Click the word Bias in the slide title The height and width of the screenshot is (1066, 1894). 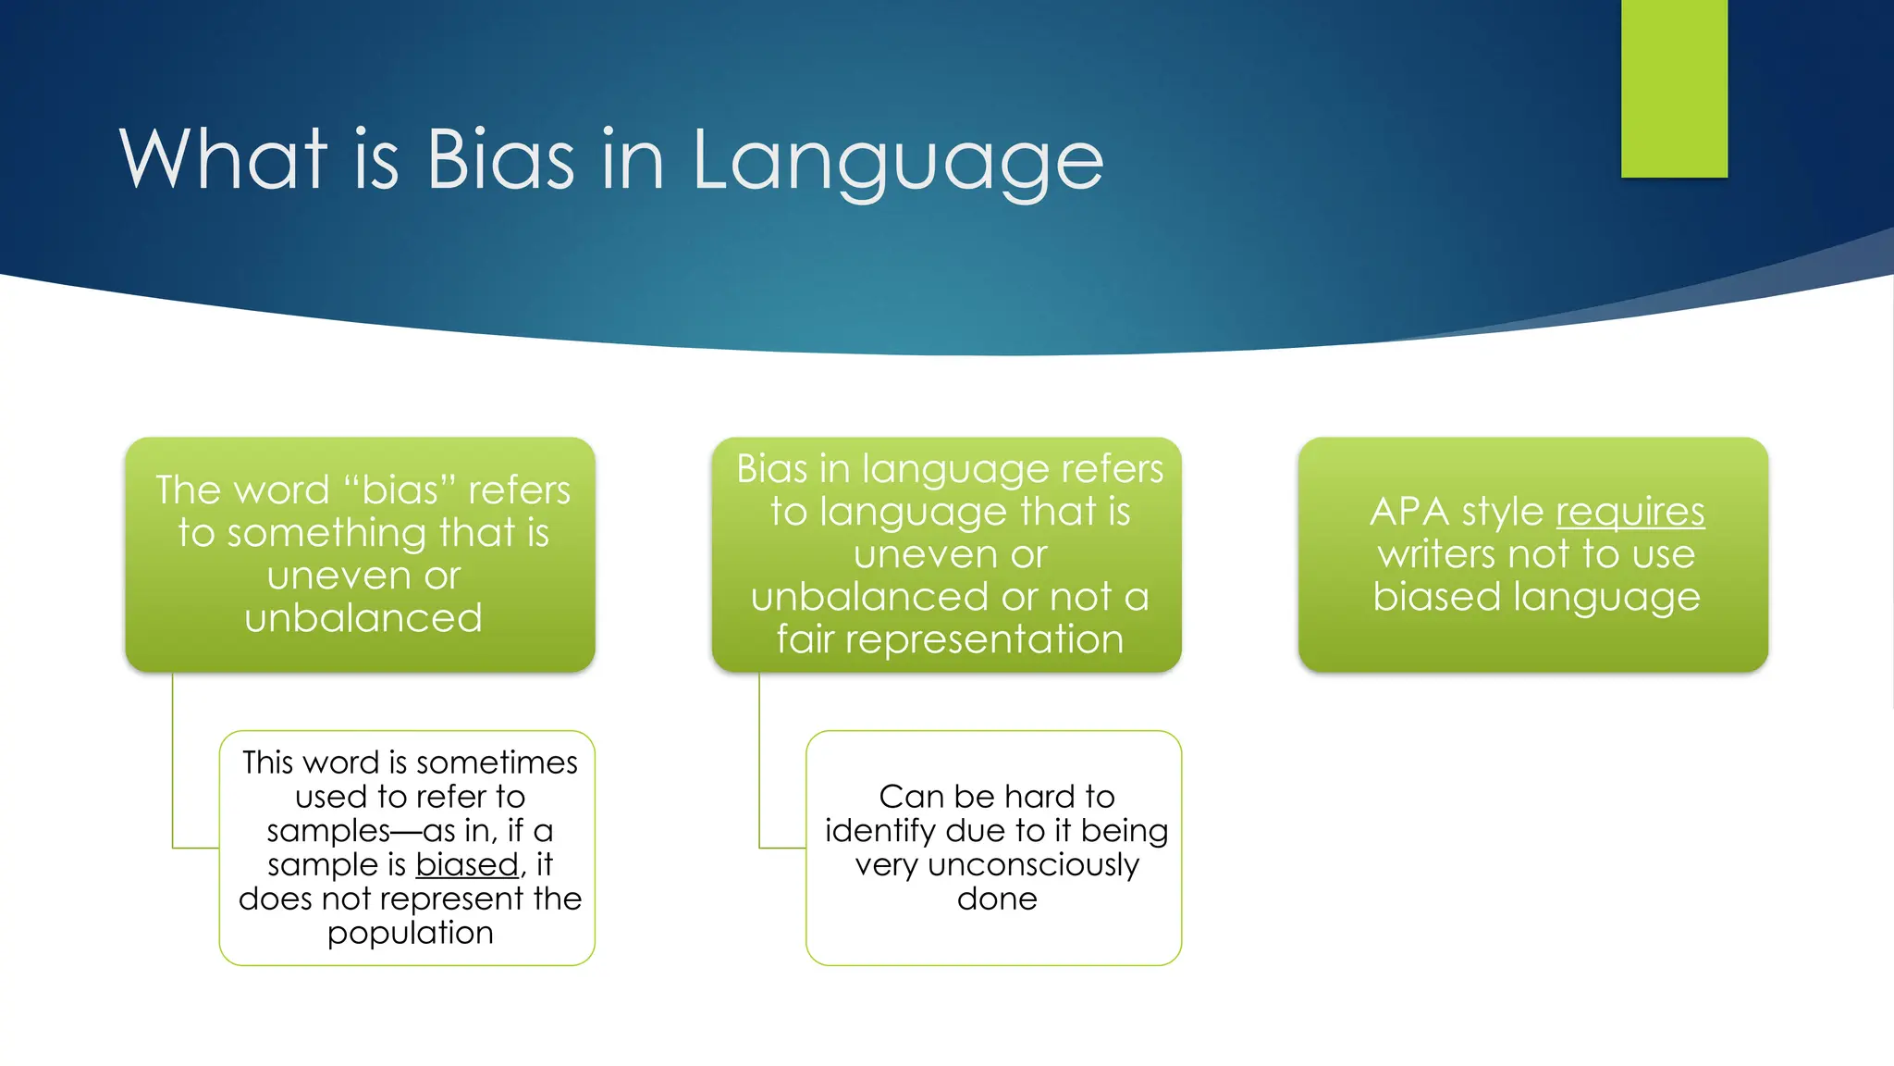(x=499, y=160)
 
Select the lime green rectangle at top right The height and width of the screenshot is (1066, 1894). (x=1674, y=88)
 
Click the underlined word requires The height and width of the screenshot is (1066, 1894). (x=1630, y=512)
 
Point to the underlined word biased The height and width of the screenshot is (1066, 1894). (x=467, y=864)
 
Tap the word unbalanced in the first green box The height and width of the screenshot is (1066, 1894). (x=363, y=618)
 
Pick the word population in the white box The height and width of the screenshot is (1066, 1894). (x=410, y=933)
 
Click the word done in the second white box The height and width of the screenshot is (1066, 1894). (x=997, y=899)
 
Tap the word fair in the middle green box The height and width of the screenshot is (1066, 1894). (x=805, y=639)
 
